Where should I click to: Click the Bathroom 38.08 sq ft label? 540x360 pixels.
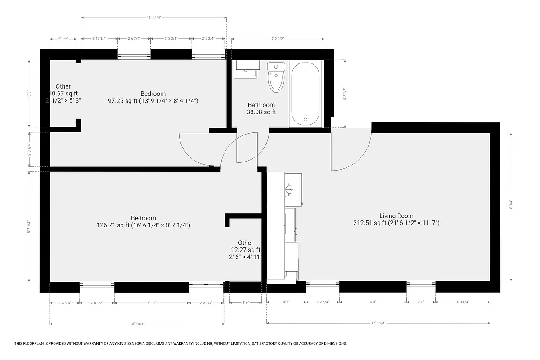pos(261,108)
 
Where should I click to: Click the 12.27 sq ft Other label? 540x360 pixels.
pos(245,250)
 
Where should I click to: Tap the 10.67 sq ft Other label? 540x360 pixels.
pos(63,93)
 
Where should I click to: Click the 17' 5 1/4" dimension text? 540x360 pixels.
pos(378,323)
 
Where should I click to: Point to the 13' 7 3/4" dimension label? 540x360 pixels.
pos(137,324)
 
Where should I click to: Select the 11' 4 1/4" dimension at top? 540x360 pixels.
pos(153,18)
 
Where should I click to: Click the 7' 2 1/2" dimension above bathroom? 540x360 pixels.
pos(277,39)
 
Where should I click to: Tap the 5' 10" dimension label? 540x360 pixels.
pos(151,303)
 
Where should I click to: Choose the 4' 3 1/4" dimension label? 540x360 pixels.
pos(462,302)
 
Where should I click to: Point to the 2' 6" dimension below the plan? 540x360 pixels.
pos(245,303)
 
